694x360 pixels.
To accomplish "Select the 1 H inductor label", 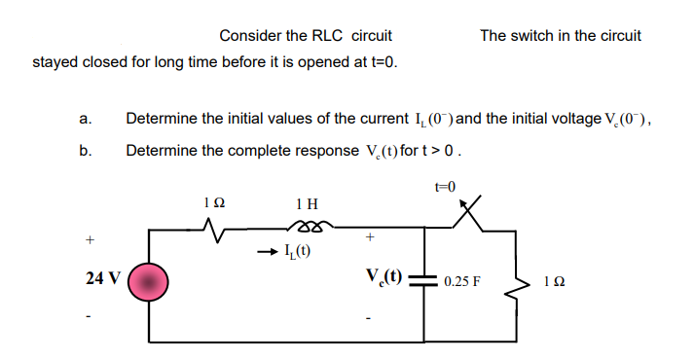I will [x=305, y=203].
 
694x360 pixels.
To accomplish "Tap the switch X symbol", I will [x=474, y=215].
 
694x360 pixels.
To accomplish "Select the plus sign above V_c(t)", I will [x=369, y=236].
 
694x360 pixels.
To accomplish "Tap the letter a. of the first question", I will [x=86, y=120].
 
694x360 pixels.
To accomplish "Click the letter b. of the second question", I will [x=86, y=151].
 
